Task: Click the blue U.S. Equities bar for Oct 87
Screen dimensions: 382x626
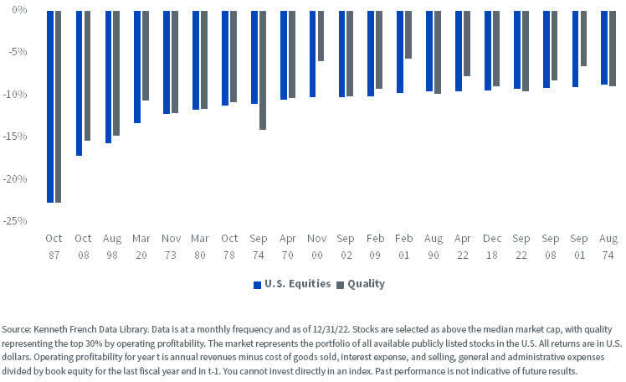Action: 50,106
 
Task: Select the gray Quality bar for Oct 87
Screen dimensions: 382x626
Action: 58,106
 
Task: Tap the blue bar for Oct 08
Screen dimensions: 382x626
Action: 80,83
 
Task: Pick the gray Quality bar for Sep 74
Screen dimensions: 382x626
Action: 262,70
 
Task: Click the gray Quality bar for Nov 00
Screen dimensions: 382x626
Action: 321,36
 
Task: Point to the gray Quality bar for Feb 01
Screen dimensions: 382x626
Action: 408,34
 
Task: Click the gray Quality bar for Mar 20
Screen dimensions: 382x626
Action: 146,55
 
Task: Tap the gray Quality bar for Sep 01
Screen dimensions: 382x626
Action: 583,39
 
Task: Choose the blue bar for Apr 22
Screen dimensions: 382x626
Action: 459,51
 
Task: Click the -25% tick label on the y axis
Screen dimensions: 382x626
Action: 17,221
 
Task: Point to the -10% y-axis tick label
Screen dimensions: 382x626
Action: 17,95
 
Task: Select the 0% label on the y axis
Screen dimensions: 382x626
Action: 20,11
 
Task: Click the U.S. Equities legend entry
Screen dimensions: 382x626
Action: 293,284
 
